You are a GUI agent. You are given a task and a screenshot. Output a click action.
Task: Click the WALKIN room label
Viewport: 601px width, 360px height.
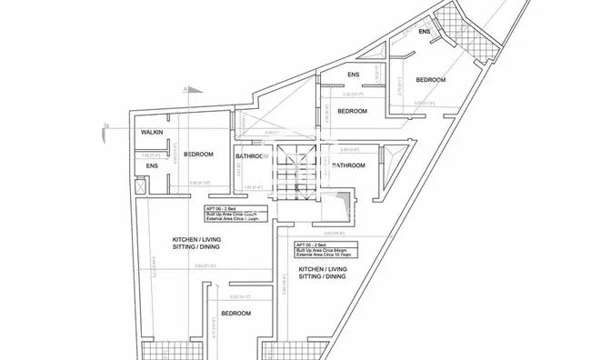pyautogui.click(x=152, y=134)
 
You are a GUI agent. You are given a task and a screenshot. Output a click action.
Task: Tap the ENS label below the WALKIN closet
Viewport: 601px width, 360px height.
pyautogui.click(x=152, y=166)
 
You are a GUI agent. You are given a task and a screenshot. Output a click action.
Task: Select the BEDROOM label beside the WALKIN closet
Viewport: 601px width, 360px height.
pyautogui.click(x=198, y=155)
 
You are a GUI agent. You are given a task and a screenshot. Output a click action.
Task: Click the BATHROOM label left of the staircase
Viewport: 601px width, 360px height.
pyautogui.click(x=252, y=156)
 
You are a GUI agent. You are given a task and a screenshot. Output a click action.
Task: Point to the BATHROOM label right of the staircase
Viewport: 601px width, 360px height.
pyautogui.click(x=348, y=165)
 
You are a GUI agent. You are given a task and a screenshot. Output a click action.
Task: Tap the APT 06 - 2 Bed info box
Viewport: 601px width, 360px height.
pyautogui.click(x=239, y=214)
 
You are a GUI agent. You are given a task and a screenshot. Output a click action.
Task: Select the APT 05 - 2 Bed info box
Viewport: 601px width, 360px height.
pyautogui.click(x=325, y=250)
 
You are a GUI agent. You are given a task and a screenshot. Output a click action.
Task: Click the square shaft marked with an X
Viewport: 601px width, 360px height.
pyautogui.click(x=140, y=185)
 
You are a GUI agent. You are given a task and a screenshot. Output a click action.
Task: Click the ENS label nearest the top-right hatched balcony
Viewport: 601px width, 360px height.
pyautogui.click(x=424, y=32)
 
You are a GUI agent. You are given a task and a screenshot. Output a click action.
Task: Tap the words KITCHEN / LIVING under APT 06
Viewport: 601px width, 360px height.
pyautogui.click(x=197, y=240)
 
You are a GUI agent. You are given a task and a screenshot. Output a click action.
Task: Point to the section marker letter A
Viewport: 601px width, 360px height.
pyautogui.click(x=185, y=89)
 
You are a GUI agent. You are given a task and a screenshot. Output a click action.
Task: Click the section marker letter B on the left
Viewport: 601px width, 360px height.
pyautogui.click(x=106, y=125)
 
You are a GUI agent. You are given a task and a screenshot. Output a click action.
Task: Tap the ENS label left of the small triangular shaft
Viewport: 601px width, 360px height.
pyautogui.click(x=354, y=75)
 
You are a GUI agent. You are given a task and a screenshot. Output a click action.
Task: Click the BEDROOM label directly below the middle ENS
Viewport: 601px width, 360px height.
pyautogui.click(x=352, y=111)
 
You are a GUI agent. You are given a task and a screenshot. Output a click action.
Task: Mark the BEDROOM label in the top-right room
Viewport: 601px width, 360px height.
pyautogui.click(x=431, y=80)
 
